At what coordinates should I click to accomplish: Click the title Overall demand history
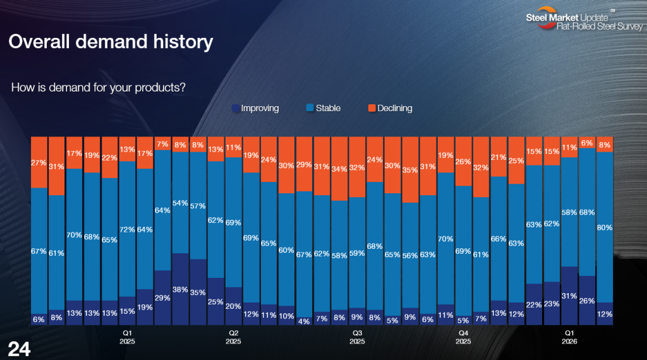click(111, 42)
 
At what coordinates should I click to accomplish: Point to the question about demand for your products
click(98, 87)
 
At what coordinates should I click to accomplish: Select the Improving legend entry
click(255, 108)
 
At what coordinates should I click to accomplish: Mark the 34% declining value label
click(340, 170)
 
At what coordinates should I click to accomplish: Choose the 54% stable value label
click(181, 203)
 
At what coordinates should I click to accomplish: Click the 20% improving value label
click(234, 306)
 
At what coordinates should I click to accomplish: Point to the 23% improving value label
click(552, 303)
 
